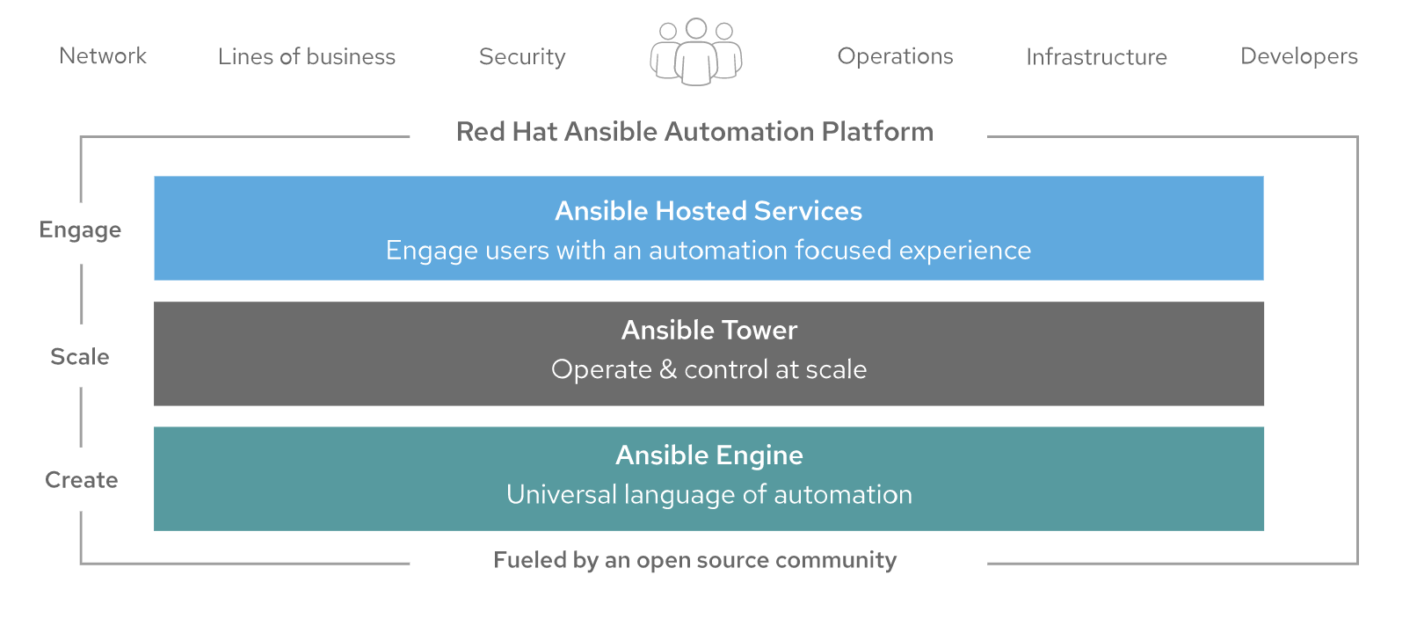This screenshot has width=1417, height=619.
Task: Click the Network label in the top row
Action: (103, 55)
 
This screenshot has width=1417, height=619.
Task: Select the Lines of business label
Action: (307, 56)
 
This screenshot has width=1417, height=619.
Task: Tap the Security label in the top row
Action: (522, 57)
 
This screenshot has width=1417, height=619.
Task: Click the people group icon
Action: (696, 52)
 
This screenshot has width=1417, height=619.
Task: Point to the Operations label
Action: (895, 56)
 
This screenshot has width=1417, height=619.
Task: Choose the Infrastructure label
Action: (1096, 57)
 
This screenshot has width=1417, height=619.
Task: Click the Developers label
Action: (1298, 56)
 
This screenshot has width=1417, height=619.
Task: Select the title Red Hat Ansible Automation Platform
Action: (694, 132)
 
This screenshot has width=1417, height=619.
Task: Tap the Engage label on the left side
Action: (80, 230)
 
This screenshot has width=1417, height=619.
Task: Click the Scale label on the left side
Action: (80, 357)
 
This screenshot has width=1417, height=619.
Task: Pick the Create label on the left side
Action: (81, 480)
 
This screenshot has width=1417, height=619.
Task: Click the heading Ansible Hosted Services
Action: (708, 211)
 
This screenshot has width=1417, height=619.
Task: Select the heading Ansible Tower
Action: (709, 330)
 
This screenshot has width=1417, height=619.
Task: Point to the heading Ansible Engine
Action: (709, 455)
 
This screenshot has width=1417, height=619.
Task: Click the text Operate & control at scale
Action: (708, 369)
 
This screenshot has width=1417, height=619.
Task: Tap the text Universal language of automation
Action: (709, 495)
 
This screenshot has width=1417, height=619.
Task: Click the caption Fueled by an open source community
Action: (694, 560)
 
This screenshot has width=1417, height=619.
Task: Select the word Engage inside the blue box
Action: (432, 251)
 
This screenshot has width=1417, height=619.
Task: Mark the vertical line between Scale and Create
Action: (81, 417)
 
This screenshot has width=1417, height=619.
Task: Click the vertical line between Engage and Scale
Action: (81, 294)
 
